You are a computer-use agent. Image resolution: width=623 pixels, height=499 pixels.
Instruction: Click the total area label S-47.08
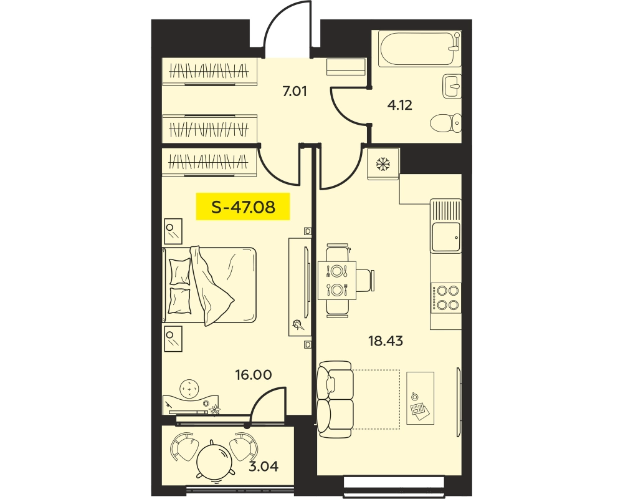[x=243, y=207]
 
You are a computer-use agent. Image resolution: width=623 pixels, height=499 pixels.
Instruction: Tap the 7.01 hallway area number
[x=295, y=92]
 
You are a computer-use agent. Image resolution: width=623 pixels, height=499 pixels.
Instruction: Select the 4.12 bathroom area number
[x=400, y=105]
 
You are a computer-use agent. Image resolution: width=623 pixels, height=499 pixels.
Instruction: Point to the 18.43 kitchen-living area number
[x=386, y=341]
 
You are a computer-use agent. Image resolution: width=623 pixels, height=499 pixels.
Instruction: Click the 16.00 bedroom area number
[x=254, y=374]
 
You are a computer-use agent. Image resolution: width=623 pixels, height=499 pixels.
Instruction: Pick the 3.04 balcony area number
[x=264, y=465]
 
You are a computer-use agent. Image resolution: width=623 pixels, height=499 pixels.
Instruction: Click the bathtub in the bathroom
[x=419, y=49]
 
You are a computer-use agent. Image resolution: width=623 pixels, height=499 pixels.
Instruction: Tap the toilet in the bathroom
[x=446, y=123]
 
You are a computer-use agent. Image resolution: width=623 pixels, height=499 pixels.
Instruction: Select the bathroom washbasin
[x=452, y=86]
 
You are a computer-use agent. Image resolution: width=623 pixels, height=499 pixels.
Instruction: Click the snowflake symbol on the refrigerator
[x=383, y=163]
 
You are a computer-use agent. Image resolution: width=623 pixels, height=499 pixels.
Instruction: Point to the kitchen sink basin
[x=446, y=237]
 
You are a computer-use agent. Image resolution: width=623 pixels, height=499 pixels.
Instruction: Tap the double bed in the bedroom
[x=209, y=284]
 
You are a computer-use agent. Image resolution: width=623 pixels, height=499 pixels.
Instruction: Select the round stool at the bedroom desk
[x=189, y=387]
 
